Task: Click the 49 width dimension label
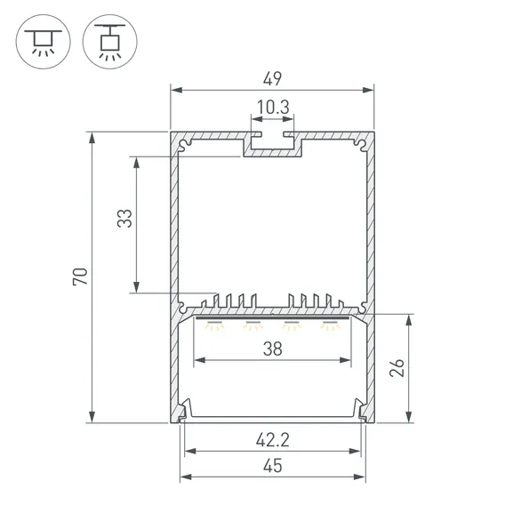(x=272, y=79)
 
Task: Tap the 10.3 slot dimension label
(x=273, y=108)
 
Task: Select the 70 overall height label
(x=80, y=277)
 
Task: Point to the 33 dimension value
(x=124, y=219)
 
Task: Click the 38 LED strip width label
(x=272, y=349)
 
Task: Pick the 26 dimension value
(x=397, y=367)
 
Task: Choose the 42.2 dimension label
(x=273, y=440)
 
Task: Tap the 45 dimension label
(x=272, y=466)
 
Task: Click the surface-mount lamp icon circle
(x=44, y=42)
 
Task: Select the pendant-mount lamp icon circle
(x=110, y=42)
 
